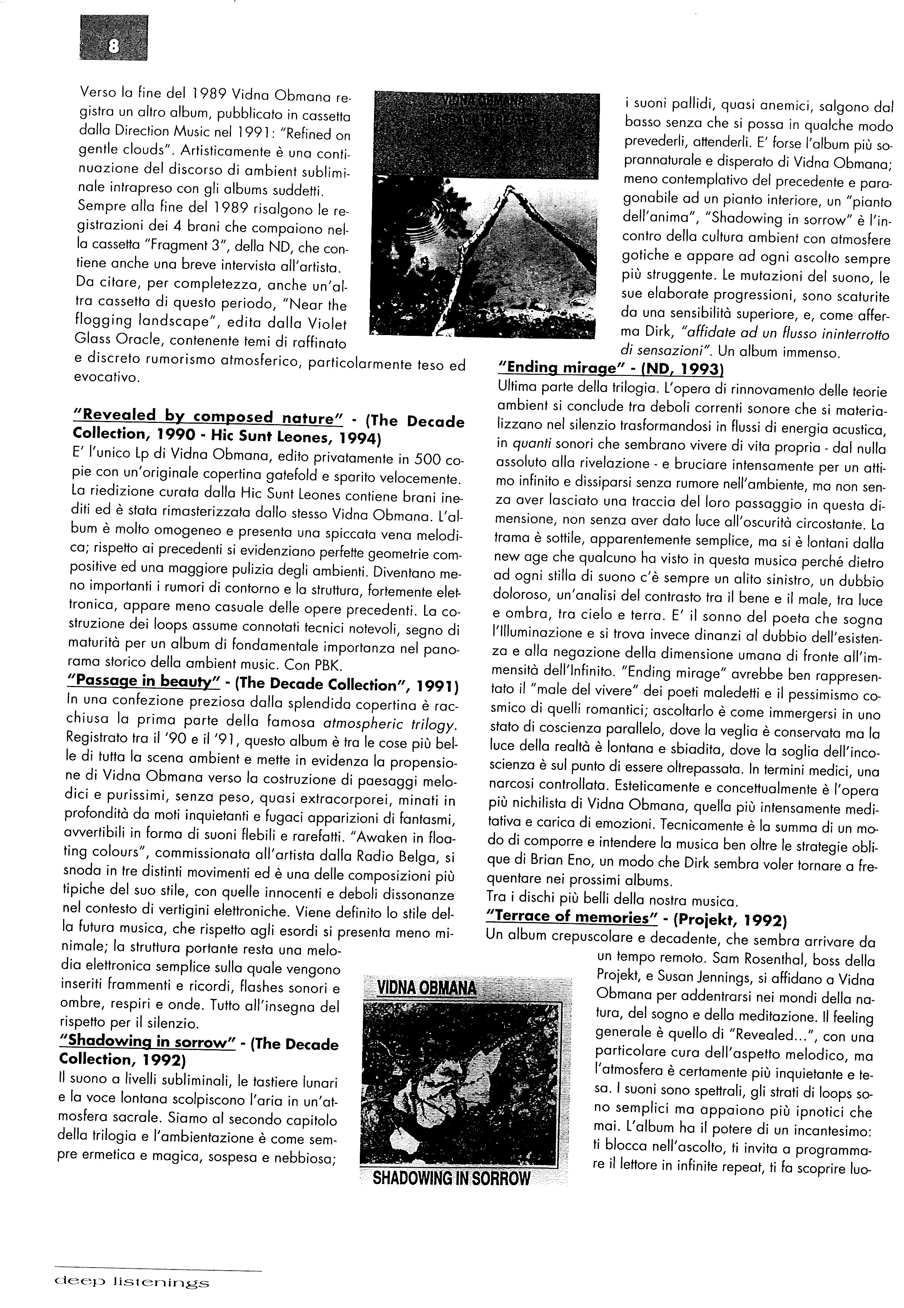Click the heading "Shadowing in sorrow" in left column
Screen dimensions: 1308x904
point(147,1041)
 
